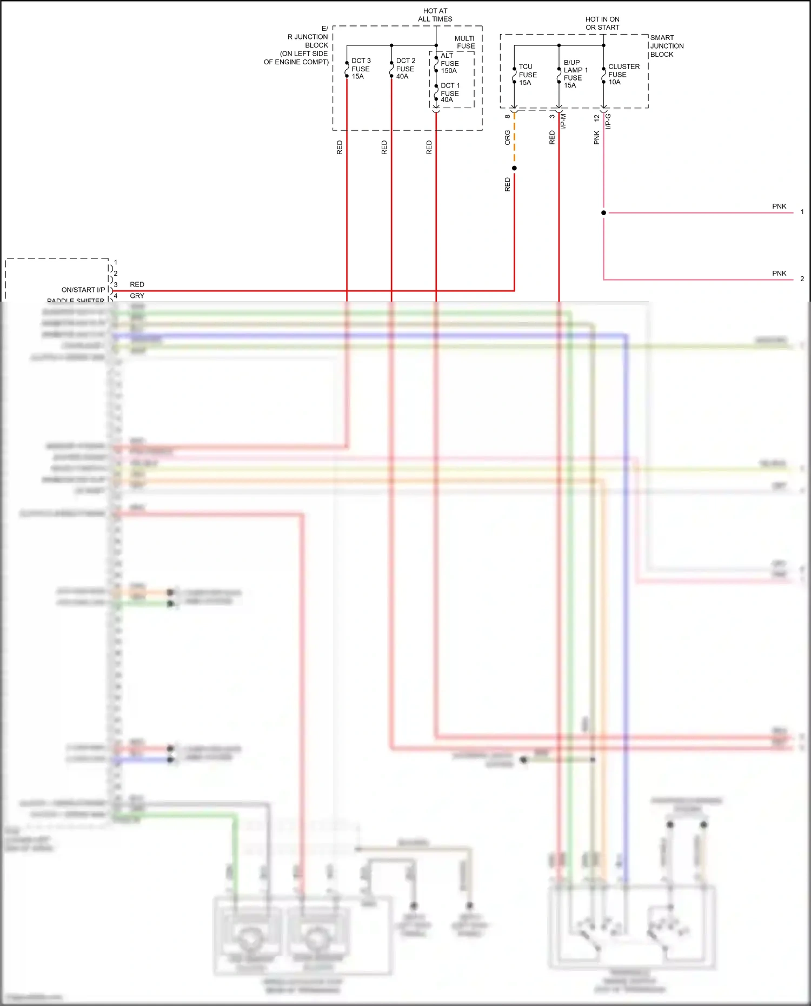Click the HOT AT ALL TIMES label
435,15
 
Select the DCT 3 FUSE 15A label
361,69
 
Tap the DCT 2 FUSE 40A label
405,69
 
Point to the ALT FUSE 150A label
449,63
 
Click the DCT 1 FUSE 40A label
450,92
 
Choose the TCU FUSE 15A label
528,75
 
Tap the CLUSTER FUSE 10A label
623,74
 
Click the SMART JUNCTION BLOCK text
666,46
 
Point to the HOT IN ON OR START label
602,23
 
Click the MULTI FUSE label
465,42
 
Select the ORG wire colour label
507,137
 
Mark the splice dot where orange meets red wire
514,168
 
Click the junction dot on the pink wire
603,212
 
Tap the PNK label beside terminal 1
779,206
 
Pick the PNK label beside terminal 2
779,274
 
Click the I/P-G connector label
608,121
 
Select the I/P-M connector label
563,121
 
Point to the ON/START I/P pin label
83,290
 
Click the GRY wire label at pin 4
137,296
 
